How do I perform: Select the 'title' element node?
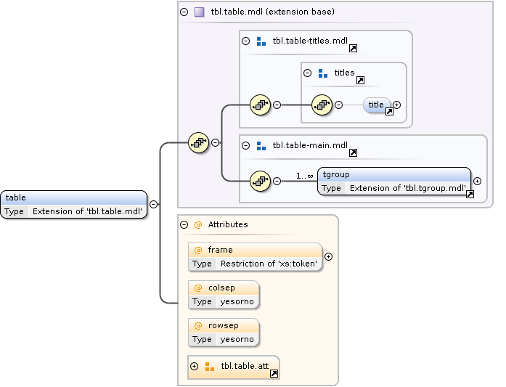(376, 105)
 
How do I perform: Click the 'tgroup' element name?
(336, 174)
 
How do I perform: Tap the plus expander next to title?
(397, 105)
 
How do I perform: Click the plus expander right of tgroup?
(477, 181)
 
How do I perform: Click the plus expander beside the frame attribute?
(328, 256)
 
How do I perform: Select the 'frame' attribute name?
(220, 250)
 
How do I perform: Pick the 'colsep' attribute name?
(221, 288)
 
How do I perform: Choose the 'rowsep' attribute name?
(223, 325)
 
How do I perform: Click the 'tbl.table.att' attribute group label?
(245, 366)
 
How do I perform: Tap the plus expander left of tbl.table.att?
(194, 366)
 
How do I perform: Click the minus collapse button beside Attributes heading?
(184, 225)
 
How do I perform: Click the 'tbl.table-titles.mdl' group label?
(310, 41)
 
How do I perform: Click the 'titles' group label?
(344, 73)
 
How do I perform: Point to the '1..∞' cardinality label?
(304, 175)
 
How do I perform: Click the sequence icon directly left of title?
(322, 105)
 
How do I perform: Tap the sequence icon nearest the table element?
(198, 143)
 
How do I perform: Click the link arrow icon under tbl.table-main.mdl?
(353, 153)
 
